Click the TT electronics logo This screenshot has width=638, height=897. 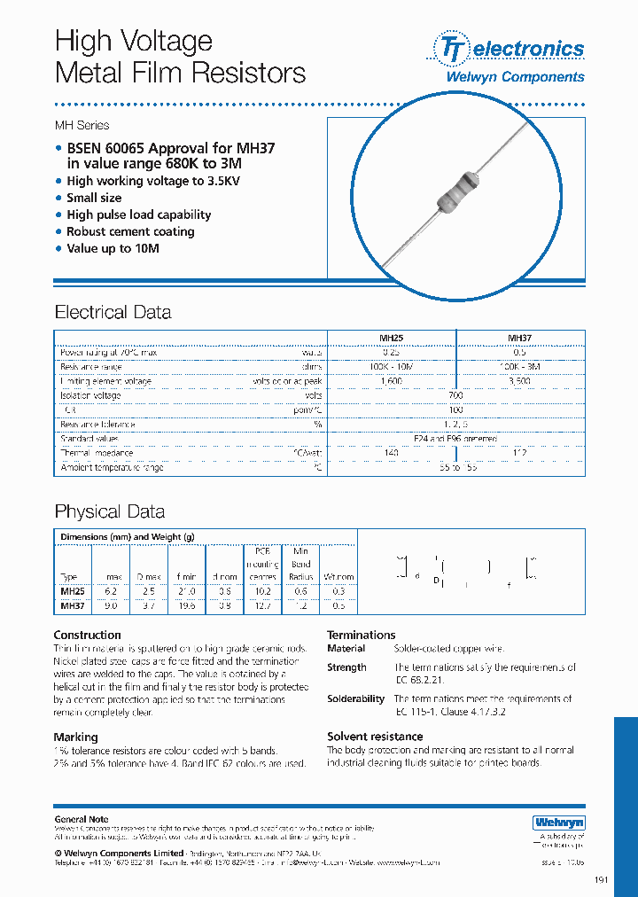pyautogui.click(x=508, y=48)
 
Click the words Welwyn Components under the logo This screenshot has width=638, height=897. pyautogui.click(x=514, y=77)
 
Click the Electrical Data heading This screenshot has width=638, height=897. pyautogui.click(x=113, y=312)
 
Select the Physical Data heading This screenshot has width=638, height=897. pyautogui.click(x=109, y=511)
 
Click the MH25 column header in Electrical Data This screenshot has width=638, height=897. pyautogui.click(x=391, y=338)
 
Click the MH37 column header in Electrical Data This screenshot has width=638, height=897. pyautogui.click(x=519, y=338)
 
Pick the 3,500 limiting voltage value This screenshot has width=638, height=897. pyautogui.click(x=519, y=381)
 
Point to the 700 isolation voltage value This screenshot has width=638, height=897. pyautogui.click(x=455, y=395)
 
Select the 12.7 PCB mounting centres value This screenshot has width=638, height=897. pyautogui.click(x=262, y=606)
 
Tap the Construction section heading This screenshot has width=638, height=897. pyautogui.click(x=87, y=635)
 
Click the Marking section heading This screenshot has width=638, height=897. pyautogui.click(x=75, y=737)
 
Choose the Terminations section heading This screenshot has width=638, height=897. pyautogui.click(x=361, y=635)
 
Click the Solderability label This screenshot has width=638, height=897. pyautogui.click(x=355, y=699)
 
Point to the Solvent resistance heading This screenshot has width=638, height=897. pyautogui.click(x=375, y=737)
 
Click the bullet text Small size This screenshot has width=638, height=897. pyautogui.click(x=94, y=198)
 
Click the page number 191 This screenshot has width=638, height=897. pyautogui.click(x=601, y=880)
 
